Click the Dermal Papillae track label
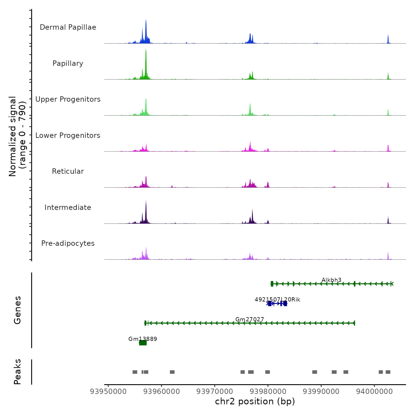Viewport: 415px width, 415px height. [68, 27]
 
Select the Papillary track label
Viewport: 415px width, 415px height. [68, 63]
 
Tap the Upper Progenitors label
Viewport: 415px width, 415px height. [68, 99]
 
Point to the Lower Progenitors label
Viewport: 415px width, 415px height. [68, 135]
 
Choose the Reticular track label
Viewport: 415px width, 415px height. [68, 171]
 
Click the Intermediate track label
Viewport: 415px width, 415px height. [68, 207]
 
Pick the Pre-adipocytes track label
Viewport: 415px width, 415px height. [68, 243]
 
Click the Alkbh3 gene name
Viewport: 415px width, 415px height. [331, 280]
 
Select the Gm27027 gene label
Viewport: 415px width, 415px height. [250, 319]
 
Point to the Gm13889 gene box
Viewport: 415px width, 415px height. [143, 343]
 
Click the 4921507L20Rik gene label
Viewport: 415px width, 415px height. [277, 299]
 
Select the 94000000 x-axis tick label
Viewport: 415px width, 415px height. [374, 391]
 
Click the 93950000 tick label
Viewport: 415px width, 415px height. [108, 391]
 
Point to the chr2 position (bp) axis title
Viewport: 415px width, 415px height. [255, 401]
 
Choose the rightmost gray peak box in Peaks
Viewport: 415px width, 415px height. [388, 372]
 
